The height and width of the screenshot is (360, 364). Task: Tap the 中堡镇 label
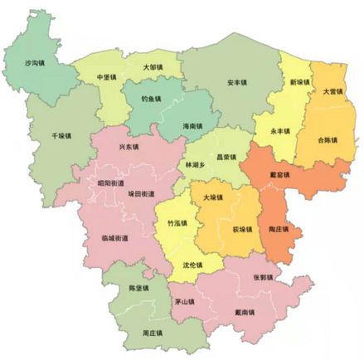click(106, 77)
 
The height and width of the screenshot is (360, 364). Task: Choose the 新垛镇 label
click(299, 83)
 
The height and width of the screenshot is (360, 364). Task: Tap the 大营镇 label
click(334, 91)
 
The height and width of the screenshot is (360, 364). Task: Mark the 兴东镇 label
click(129, 147)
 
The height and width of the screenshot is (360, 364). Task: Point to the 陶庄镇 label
click(279, 230)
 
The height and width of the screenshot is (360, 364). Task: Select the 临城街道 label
click(114, 238)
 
